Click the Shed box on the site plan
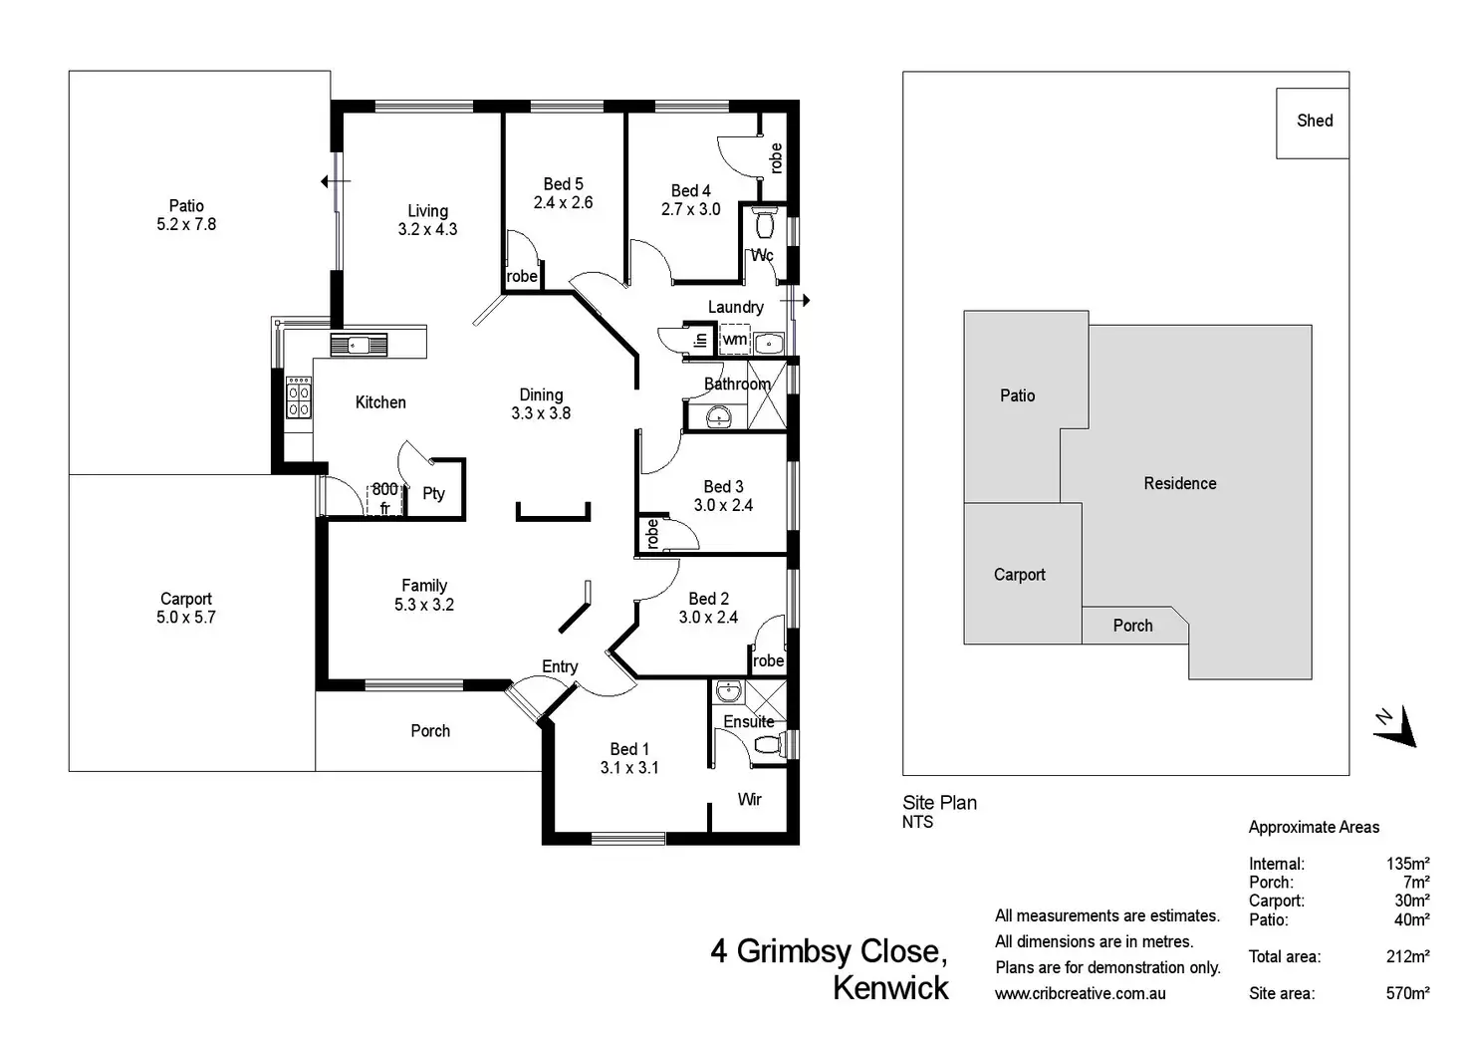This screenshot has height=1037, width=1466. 1313,122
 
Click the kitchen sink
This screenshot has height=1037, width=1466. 359,346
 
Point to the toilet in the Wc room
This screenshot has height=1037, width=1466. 765,219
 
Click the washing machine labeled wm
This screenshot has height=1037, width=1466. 735,340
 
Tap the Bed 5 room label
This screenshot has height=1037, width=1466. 563,184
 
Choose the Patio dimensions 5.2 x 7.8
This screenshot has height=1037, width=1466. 186,225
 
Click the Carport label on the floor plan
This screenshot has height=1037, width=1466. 186,599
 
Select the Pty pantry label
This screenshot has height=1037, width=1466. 433,493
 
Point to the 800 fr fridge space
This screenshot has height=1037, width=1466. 384,498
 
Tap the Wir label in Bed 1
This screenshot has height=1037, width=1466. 749,799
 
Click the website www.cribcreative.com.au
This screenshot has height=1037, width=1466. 1080,993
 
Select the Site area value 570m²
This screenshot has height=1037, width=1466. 1407,993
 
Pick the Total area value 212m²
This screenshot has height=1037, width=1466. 1407,956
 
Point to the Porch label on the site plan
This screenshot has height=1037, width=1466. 1132,626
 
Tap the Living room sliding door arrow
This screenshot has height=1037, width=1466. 335,181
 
